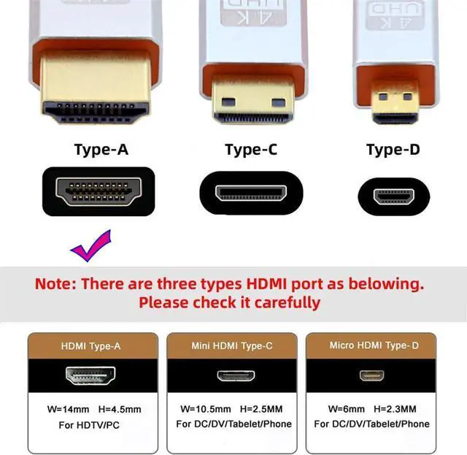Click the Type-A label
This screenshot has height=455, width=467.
(101, 150)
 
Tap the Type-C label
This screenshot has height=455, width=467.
(251, 150)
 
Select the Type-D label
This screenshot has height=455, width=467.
(393, 150)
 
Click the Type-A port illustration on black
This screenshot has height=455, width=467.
(99, 191)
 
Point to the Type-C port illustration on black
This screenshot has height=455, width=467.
(251, 193)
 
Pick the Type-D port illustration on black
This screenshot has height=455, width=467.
(394, 196)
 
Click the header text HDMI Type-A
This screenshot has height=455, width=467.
(90, 346)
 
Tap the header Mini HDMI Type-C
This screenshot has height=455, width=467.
(232, 346)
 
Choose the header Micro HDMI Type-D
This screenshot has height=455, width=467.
(374, 345)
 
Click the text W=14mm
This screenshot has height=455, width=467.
(68, 410)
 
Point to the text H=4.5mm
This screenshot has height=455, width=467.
(120, 410)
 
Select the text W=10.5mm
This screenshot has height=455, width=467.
(206, 409)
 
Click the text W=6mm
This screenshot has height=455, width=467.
(347, 409)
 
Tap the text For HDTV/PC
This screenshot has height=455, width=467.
(89, 425)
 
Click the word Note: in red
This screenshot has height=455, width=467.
(55, 283)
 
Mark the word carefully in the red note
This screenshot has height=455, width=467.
(287, 303)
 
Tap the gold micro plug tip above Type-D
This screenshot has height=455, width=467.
(395, 102)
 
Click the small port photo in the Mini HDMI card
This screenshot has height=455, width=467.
(236, 375)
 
